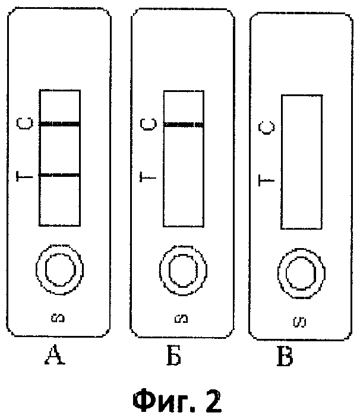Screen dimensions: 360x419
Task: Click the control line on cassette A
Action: [59, 125]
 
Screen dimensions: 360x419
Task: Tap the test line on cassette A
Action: [59, 175]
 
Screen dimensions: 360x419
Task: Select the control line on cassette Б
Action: [183, 125]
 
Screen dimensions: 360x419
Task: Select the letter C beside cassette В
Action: [268, 128]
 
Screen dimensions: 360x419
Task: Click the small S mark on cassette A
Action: [59, 319]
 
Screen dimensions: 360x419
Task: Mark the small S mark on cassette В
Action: [301, 322]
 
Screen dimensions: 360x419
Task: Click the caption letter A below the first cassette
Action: [58, 358]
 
